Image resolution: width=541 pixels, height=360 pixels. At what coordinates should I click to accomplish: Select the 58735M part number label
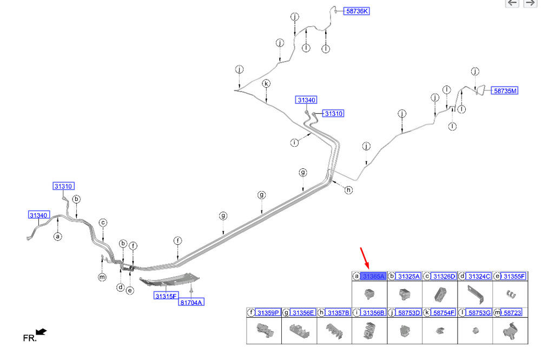tap(505, 91)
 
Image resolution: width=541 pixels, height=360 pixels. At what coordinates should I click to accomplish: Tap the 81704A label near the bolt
tap(191, 303)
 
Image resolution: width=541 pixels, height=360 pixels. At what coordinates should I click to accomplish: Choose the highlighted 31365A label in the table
tap(373, 277)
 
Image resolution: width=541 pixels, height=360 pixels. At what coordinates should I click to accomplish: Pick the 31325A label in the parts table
tap(408, 277)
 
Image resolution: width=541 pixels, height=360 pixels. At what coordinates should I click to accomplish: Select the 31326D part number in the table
tap(444, 277)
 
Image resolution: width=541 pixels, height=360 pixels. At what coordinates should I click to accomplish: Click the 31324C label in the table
tap(479, 277)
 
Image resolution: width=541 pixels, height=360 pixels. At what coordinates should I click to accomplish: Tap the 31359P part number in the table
tap(268, 312)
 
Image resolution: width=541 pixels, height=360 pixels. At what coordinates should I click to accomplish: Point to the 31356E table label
tap(303, 312)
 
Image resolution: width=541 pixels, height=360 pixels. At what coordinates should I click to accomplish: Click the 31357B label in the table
tap(338, 312)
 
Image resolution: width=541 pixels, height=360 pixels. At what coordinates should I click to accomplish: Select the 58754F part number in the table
tap(444, 312)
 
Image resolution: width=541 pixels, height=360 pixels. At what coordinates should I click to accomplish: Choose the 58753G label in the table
tap(479, 312)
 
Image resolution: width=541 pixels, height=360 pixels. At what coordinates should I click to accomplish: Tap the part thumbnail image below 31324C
tap(474, 294)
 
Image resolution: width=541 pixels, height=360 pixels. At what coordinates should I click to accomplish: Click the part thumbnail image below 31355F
tap(510, 294)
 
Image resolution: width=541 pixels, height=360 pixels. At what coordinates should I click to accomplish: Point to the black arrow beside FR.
tap(41, 332)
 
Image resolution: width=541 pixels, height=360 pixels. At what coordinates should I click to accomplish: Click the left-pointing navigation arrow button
tap(512, 3)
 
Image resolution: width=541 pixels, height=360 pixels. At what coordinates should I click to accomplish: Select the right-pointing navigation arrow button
tap(530, 3)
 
